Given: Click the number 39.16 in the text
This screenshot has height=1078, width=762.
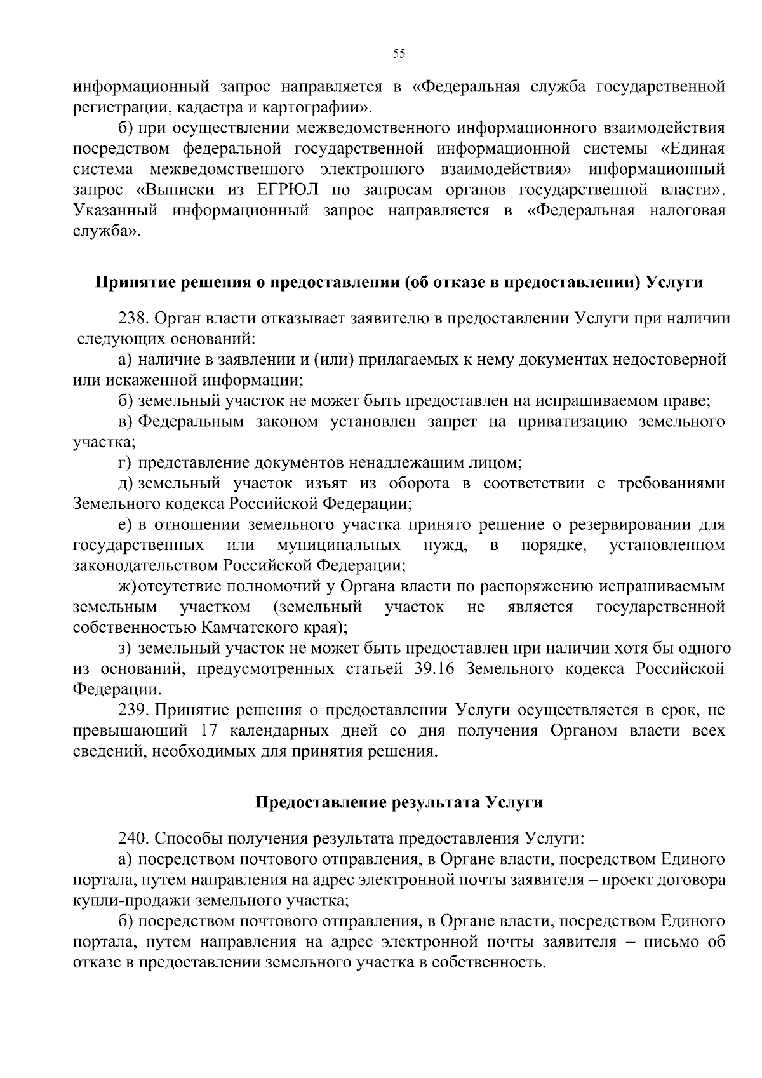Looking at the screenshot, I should tap(430, 669).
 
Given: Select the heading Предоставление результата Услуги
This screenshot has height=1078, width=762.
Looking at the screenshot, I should tap(399, 802).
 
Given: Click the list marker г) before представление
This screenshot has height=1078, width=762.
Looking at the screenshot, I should tap(124, 463).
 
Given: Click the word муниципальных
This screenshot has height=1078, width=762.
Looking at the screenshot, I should tap(338, 545).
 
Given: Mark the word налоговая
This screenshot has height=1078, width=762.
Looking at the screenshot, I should tap(688, 211).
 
